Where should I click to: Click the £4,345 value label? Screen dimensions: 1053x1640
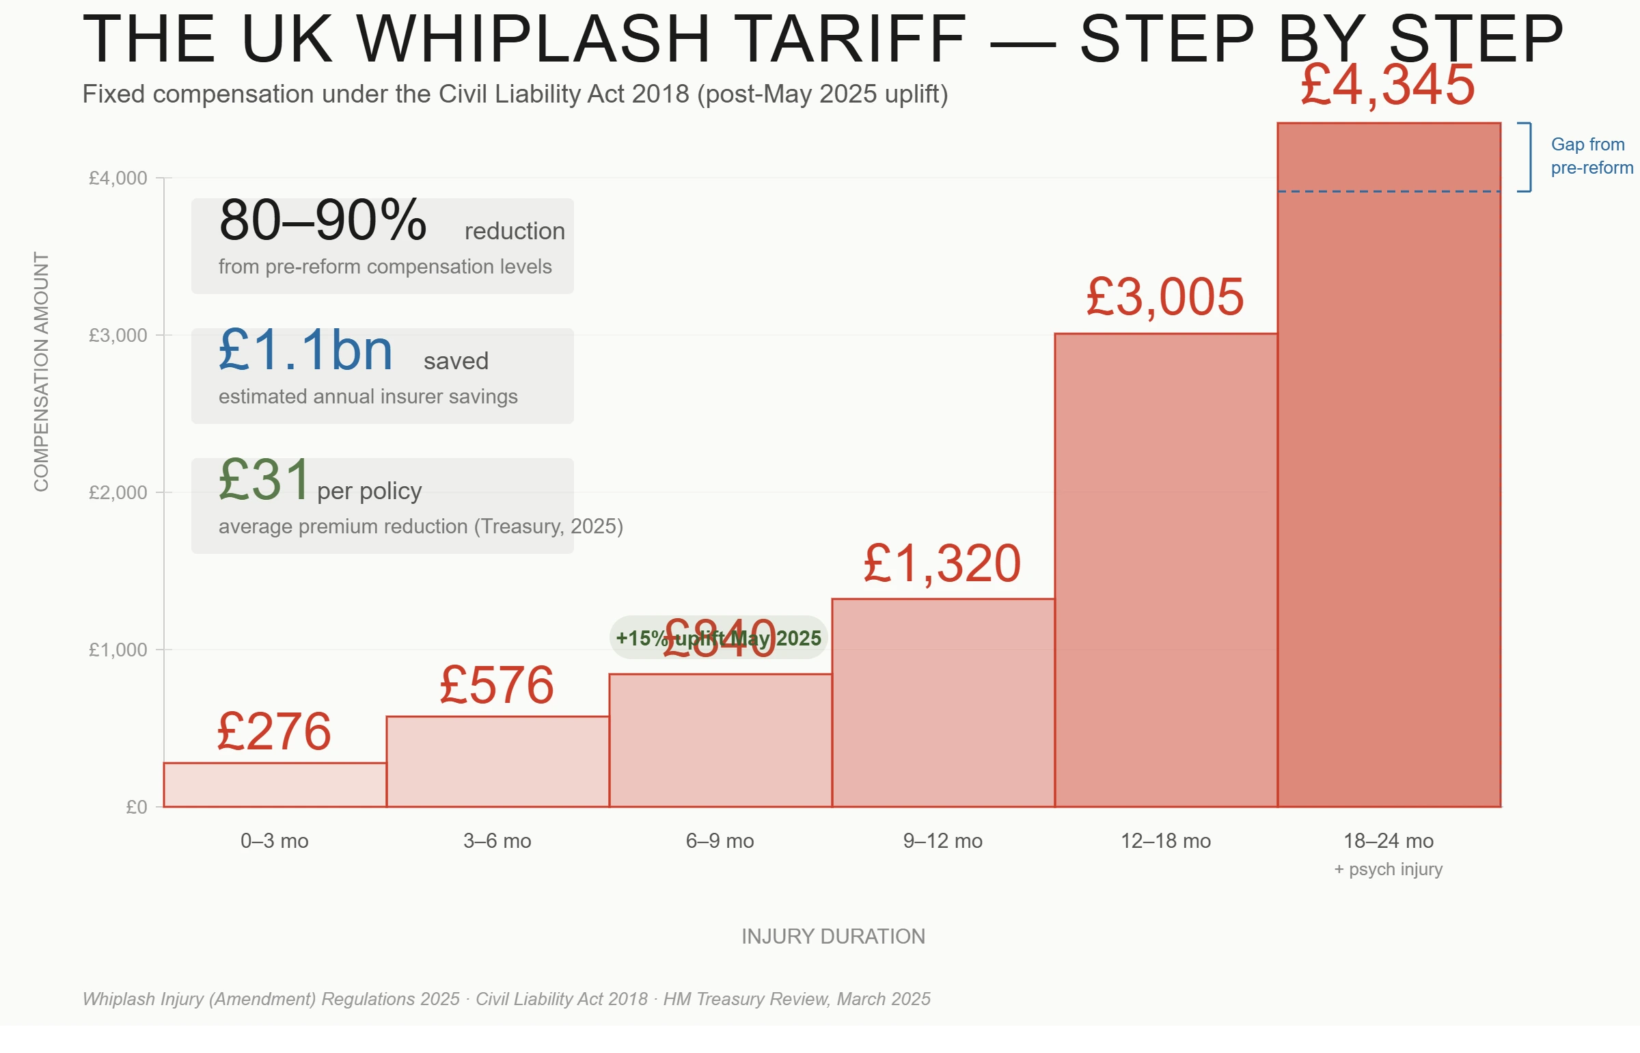tap(1387, 85)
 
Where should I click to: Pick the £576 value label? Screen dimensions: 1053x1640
tap(497, 685)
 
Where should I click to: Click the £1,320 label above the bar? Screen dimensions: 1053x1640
tap(942, 564)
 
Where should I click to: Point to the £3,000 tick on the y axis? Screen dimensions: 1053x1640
tap(118, 335)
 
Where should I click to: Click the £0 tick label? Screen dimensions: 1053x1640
tap(137, 807)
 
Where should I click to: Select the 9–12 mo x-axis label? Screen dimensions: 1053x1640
tap(942, 840)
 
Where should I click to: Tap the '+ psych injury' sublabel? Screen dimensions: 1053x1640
tap(1388, 869)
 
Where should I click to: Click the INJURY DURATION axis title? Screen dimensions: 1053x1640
tap(833, 936)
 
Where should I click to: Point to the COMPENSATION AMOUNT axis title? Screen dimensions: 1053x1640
tap(41, 371)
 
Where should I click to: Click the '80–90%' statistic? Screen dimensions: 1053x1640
tap(323, 221)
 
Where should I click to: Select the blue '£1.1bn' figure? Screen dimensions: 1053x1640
tap(305, 350)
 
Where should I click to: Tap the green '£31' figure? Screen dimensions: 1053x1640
tap(264, 480)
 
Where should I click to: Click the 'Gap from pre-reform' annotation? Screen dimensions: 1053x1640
tap(1591, 156)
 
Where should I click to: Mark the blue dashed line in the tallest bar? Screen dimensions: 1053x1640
tap(1389, 191)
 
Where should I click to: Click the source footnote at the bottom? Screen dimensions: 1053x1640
tap(506, 999)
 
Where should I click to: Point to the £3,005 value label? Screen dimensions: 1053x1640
tap(1165, 297)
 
